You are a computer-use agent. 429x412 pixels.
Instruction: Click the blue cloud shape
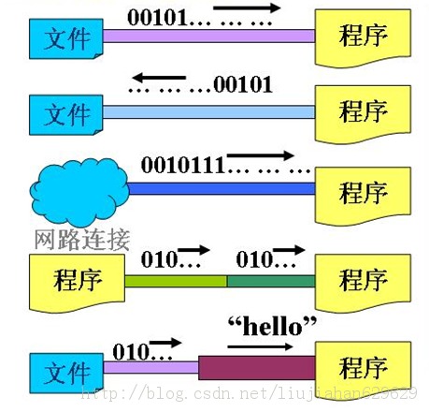[79, 192]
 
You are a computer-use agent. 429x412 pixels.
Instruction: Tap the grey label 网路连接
[81, 240]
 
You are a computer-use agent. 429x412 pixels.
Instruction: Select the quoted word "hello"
[272, 326]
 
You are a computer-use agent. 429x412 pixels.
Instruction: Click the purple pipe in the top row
[208, 36]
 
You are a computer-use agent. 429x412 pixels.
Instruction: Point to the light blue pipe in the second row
[208, 112]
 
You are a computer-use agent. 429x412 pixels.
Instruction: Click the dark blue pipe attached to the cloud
[222, 189]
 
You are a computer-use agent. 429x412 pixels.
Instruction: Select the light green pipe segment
[176, 281]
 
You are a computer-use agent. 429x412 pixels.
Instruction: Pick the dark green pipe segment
[271, 281]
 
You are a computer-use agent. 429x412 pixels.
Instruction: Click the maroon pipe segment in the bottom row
[257, 368]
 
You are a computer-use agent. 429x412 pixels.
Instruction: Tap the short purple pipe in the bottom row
[150, 367]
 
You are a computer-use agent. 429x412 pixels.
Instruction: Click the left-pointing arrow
[159, 77]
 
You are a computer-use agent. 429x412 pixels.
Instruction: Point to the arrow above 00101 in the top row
[247, 7]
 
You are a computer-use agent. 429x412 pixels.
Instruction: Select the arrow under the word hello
[260, 346]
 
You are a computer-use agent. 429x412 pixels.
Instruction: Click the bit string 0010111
[183, 165]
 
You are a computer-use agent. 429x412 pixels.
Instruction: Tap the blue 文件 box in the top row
[66, 38]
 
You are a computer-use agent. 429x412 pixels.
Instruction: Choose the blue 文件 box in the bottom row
[66, 373]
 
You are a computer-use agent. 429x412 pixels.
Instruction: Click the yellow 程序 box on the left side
[77, 283]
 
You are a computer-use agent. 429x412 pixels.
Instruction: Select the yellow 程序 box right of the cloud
[363, 196]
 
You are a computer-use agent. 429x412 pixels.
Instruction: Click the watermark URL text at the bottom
[250, 393]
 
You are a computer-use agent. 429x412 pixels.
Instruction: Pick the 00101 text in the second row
[243, 85]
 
